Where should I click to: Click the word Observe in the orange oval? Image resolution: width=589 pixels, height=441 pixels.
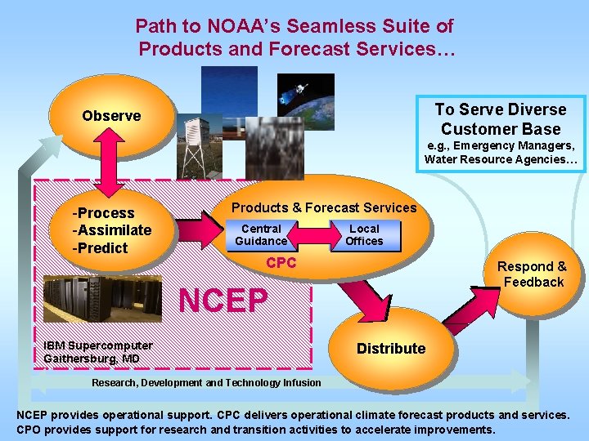(x=111, y=116)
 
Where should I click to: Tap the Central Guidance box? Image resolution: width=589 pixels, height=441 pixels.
(x=261, y=235)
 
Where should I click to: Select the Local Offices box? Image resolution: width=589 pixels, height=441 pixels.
(x=364, y=235)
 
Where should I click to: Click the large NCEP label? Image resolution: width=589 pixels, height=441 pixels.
(x=223, y=301)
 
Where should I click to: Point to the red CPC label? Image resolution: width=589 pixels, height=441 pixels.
(x=281, y=263)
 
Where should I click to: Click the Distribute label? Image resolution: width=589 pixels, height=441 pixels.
(x=391, y=349)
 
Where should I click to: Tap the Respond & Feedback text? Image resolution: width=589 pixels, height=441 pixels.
(x=533, y=274)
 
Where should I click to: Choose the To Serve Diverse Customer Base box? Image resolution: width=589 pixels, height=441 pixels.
(x=500, y=119)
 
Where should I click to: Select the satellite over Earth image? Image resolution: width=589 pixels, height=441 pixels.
(x=305, y=96)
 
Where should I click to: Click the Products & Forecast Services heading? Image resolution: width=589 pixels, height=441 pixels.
(x=324, y=207)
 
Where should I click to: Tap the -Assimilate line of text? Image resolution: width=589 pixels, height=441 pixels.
(x=112, y=230)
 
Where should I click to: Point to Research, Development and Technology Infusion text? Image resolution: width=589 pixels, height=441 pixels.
(x=206, y=383)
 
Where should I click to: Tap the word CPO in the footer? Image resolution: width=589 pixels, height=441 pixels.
(x=30, y=430)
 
